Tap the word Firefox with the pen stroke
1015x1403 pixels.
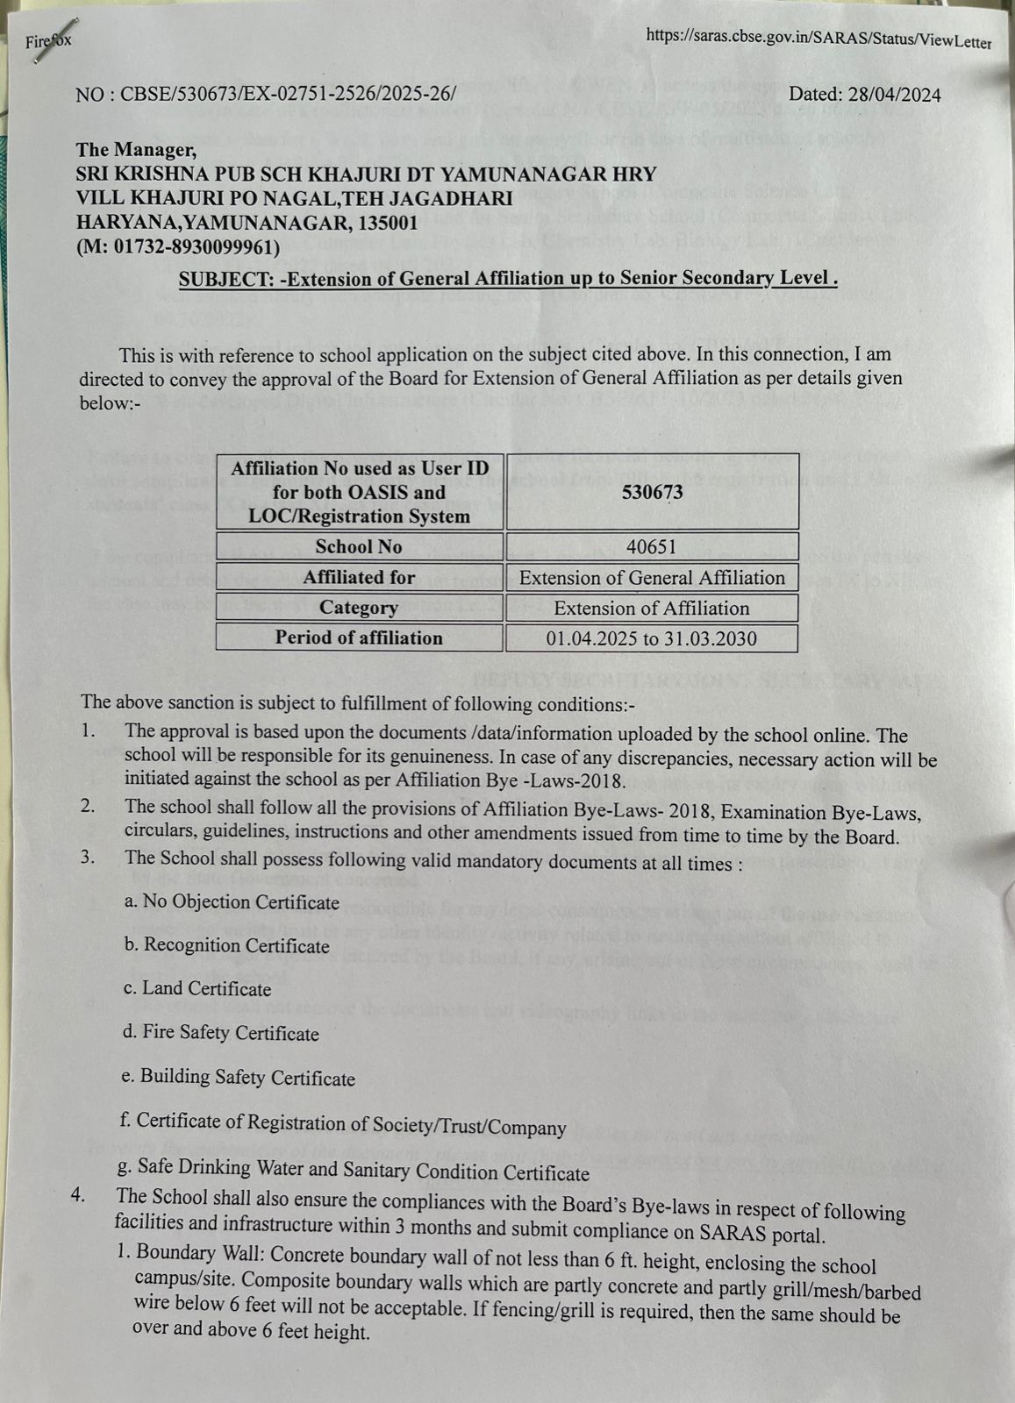(48, 40)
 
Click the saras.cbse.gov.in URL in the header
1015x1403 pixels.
(818, 39)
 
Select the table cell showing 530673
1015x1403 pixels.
(652, 492)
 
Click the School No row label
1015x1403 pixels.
(359, 547)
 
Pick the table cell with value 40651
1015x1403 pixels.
(651, 547)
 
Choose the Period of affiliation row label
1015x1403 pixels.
(359, 637)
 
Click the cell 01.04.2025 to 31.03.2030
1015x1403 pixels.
(651, 638)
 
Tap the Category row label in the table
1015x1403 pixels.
(359, 608)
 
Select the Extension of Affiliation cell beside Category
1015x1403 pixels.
(651, 609)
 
